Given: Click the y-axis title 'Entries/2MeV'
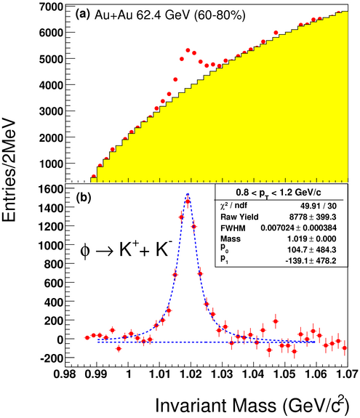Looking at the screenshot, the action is coord(9,171).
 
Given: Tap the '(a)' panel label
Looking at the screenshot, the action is coord(83,14).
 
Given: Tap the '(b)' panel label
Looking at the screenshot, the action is coord(84,198).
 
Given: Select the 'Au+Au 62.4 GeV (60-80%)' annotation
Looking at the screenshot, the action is coord(170,15).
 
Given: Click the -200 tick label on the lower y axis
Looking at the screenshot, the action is coord(52,358).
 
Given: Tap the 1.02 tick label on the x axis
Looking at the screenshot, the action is coord(191,374).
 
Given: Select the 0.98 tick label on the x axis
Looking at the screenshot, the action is coord(65,374).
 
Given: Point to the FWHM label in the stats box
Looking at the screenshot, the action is coord(233,228).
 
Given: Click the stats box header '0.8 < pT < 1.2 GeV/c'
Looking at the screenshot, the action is coord(279,193).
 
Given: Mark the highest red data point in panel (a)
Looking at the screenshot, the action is coord(339,12).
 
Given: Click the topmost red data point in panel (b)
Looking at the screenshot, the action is coord(188,201).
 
